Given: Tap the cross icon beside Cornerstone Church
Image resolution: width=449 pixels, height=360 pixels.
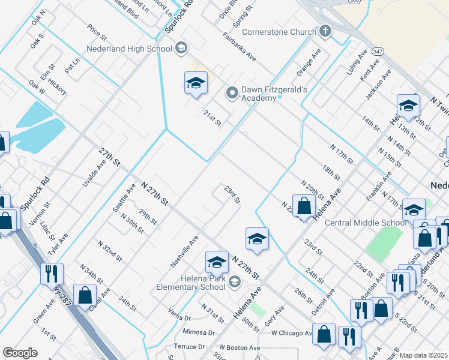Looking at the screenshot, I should [x=325, y=32].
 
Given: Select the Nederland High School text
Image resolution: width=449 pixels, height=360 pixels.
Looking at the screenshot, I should [x=128, y=49].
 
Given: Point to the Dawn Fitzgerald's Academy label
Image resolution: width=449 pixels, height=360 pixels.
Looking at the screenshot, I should [x=274, y=94].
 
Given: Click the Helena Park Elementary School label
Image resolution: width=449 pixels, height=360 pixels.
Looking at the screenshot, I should [x=193, y=282].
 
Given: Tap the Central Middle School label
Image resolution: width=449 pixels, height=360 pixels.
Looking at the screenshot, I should [x=365, y=223].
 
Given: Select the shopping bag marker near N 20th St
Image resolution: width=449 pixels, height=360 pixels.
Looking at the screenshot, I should [x=304, y=206].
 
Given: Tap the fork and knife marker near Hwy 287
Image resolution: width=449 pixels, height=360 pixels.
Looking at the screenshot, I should [x=52, y=274].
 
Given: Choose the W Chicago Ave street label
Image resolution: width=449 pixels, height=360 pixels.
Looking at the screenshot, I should [x=292, y=333].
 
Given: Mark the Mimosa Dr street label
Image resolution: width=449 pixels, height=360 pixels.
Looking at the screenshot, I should [x=199, y=332].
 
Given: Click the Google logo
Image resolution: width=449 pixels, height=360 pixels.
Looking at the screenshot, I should [x=20, y=353].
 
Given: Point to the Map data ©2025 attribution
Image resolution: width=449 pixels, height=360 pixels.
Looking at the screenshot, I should [x=424, y=355].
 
